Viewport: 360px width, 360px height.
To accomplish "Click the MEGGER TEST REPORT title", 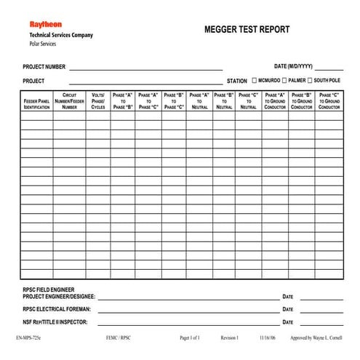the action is point(247,30).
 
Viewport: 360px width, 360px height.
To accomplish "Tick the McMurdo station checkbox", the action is point(253,80).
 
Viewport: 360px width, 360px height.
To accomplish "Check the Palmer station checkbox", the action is point(283,80).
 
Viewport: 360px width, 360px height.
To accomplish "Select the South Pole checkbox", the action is point(310,80).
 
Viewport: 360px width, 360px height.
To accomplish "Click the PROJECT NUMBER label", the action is point(44,66).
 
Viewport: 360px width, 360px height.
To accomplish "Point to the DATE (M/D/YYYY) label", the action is point(293,66).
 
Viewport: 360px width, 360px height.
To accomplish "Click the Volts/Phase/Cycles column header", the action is point(98,101).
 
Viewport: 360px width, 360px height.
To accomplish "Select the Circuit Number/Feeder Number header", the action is point(69,101).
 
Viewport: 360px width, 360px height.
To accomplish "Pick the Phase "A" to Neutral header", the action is point(199,101).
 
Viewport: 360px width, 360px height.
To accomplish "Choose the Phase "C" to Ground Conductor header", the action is point(329,101).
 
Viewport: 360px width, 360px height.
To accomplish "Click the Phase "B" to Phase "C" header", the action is point(174,101).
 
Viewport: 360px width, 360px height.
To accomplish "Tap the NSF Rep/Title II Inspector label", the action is point(55,321).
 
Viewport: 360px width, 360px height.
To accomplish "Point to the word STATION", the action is point(236,81).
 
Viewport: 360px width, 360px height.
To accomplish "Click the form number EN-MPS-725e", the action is point(29,338).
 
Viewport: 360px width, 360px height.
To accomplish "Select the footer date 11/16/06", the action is point(268,338).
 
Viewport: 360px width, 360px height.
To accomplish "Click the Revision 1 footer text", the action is point(229,338).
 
